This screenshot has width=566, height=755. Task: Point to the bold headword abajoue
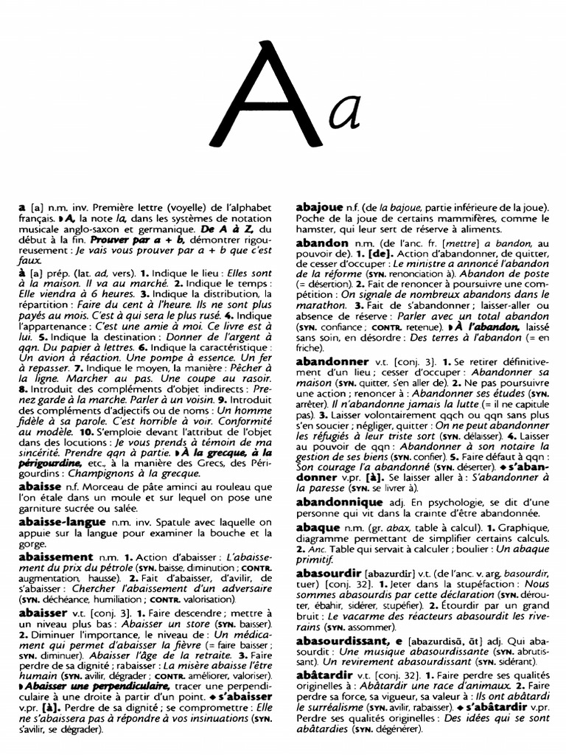323,208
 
